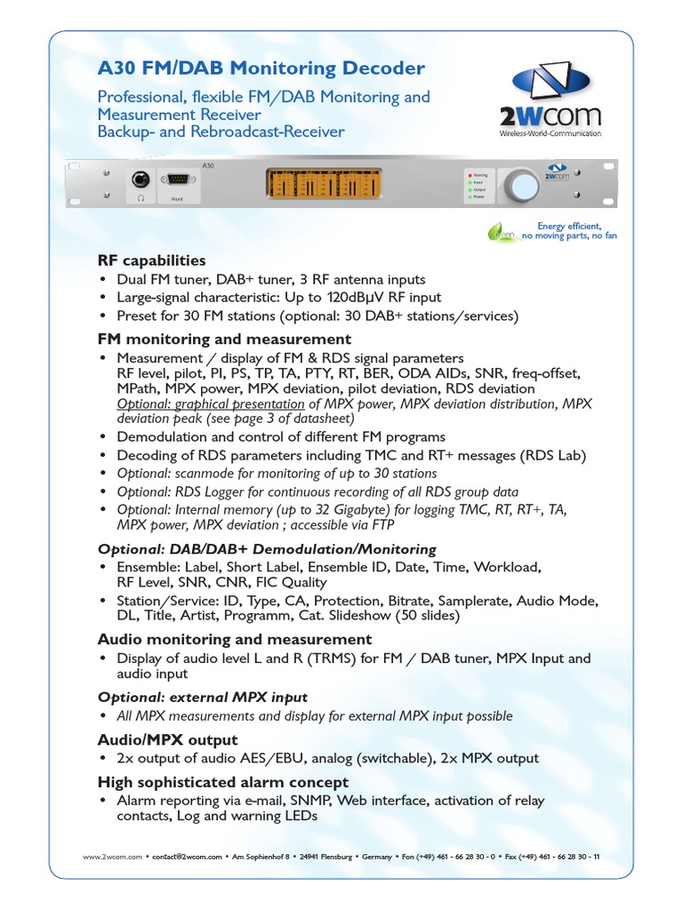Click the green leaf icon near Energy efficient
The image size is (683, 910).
tap(501, 232)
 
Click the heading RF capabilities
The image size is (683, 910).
tap(151, 260)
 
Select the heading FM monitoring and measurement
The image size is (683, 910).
tap(224, 339)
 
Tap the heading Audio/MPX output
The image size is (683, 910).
tap(167, 739)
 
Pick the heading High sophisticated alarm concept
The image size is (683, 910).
tap(222, 782)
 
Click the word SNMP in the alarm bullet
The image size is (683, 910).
tap(307, 801)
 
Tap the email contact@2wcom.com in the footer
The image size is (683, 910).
tap(188, 857)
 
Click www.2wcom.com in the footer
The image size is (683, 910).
tap(112, 857)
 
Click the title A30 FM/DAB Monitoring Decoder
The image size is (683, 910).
tap(261, 68)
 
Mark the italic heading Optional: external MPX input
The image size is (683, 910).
tap(203, 697)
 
